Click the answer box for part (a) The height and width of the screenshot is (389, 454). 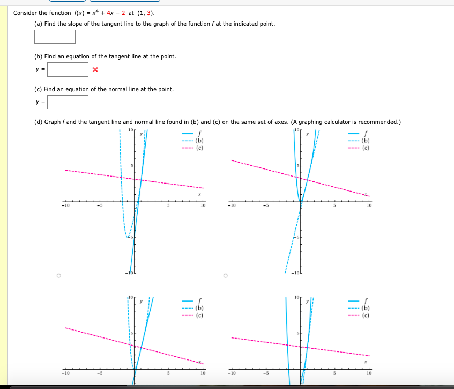pyautogui.click(x=55, y=36)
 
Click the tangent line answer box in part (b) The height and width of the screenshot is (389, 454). pyautogui.click(x=68, y=70)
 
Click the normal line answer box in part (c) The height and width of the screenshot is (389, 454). pyautogui.click(x=68, y=102)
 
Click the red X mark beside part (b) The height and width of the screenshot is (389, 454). pyautogui.click(x=95, y=70)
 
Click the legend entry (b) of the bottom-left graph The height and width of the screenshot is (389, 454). pyautogui.click(x=199, y=308)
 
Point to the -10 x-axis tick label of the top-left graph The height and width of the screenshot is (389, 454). pyautogui.click(x=65, y=205)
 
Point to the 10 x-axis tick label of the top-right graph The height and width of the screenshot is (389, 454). pyautogui.click(x=369, y=205)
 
